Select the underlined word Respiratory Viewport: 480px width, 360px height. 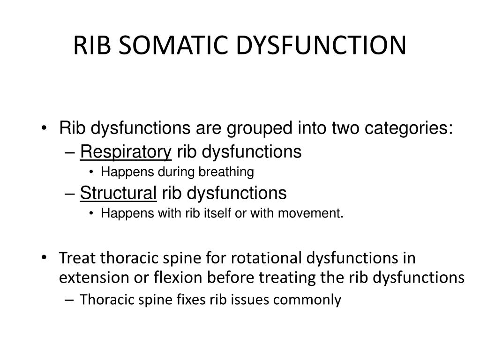126,152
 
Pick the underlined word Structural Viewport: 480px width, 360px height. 119,193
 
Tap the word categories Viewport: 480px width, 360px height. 406,128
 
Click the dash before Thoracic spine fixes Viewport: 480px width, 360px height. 70,300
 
